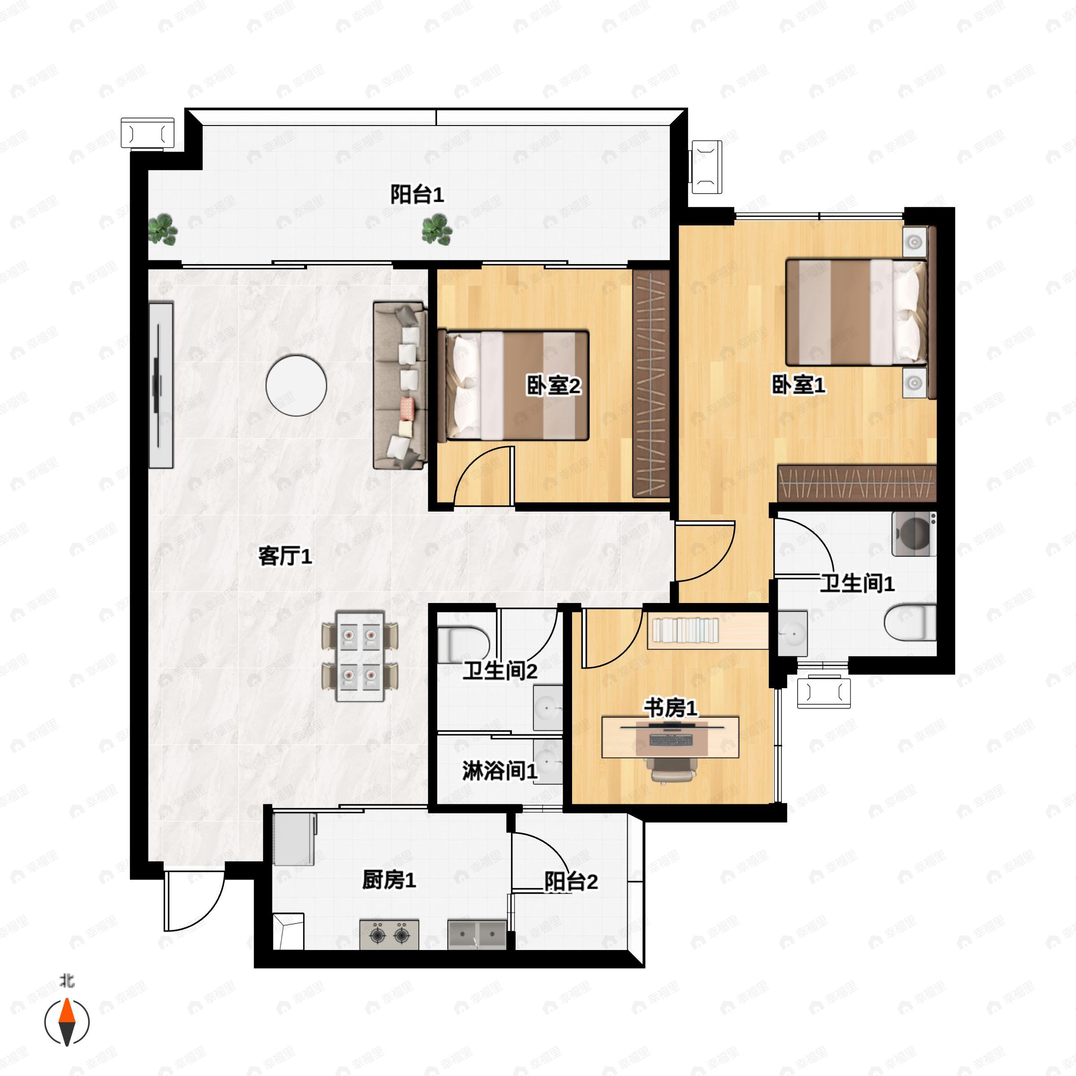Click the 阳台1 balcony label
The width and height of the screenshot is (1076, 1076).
417,195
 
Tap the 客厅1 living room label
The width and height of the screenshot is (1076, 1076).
285,555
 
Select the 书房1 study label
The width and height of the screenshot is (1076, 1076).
671,708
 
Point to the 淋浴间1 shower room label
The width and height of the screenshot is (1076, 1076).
499,771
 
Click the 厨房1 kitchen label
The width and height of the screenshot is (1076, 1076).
389,880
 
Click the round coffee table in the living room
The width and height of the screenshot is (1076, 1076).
296,386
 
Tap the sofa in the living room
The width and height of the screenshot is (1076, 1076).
400,386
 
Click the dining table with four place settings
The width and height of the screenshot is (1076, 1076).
360,656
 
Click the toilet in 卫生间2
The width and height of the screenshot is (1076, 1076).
464,645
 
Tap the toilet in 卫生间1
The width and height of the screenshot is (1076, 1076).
910,623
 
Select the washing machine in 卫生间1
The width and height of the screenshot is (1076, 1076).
914,534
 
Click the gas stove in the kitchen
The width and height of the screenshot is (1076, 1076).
389,934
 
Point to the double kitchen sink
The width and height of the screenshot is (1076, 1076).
477,934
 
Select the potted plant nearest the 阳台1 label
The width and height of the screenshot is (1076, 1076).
437,230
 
